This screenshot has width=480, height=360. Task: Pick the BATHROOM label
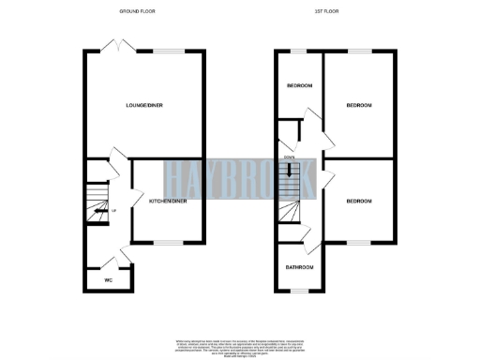pyautogui.click(x=300, y=268)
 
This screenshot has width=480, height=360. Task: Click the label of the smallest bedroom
pyautogui.click(x=299, y=85)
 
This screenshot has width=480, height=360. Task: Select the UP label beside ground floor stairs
pyautogui.click(x=114, y=211)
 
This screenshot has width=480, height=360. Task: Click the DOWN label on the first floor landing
pyautogui.click(x=290, y=157)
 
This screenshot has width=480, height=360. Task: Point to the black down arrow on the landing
pyautogui.click(x=290, y=172)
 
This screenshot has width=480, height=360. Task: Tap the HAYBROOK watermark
pyautogui.click(x=240, y=179)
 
